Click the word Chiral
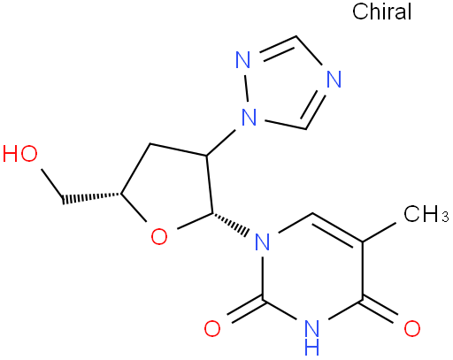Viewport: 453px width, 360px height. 381,11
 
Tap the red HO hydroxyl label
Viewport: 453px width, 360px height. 20,153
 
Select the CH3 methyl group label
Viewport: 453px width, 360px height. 426,213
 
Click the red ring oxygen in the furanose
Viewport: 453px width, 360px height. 159,236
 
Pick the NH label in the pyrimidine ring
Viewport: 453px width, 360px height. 312,337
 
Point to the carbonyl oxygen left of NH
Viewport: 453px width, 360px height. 212,328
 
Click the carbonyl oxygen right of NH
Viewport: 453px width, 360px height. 412,328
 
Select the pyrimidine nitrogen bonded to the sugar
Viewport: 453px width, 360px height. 262,241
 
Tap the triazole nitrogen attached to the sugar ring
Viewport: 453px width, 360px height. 249,117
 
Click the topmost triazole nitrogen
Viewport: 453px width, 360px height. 243,59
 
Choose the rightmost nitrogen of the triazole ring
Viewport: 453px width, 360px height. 334,79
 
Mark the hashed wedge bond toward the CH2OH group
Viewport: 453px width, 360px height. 91,197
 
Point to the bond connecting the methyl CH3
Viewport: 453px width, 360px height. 379,233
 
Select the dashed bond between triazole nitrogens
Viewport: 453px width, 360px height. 246,88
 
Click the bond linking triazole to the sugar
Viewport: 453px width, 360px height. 222,142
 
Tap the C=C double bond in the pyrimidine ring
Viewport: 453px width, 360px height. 337,228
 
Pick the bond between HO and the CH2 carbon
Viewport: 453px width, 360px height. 52,184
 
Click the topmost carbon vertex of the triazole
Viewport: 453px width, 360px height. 296,36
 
